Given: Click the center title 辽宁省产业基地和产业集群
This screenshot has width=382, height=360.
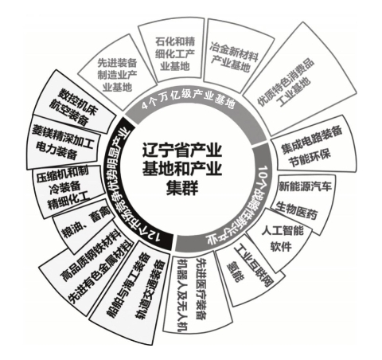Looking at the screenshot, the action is pos(182,169).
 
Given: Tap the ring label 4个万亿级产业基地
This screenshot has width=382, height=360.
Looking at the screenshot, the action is pos(188,100).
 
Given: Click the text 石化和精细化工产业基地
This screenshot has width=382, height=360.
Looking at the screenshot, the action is pos(174,54).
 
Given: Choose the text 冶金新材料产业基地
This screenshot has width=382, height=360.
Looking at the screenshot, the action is pos(233,57).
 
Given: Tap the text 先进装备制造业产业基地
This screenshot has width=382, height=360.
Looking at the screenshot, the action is pos(117,75).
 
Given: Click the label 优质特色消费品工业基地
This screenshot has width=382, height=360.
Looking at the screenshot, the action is pos(286,83).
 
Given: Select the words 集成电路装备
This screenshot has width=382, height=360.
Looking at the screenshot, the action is pos(311,139).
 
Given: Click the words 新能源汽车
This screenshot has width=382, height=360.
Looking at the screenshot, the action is pos(305,186).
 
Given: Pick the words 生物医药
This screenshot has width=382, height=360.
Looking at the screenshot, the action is pos(296,210).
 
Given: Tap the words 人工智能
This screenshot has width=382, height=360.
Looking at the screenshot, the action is pos(282,230).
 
